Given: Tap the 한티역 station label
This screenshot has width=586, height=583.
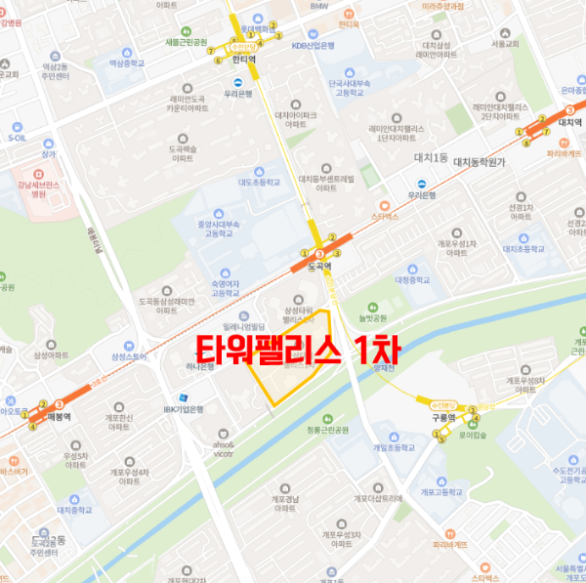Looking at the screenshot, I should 243,59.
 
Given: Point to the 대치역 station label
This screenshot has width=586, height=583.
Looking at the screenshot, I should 568,123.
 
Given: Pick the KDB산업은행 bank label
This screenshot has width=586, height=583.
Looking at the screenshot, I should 313,45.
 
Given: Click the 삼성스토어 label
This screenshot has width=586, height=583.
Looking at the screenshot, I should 128,356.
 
